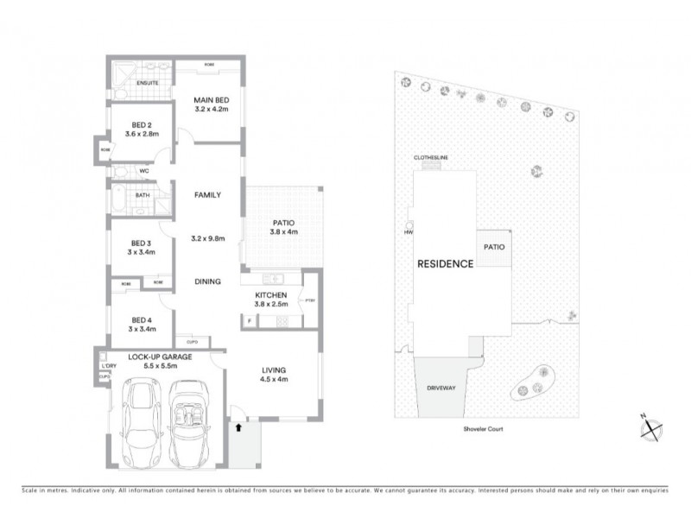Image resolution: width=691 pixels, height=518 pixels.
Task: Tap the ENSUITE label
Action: [x=136, y=84]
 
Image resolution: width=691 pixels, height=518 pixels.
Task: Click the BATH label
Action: [x=142, y=195]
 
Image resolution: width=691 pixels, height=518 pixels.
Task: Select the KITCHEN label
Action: [x=270, y=295]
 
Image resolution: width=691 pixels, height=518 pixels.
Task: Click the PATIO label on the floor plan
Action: [x=284, y=221]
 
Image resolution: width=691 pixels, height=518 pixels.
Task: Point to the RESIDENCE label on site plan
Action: [x=445, y=264]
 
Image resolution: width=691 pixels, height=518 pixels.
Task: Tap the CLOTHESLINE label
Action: [x=431, y=158]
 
